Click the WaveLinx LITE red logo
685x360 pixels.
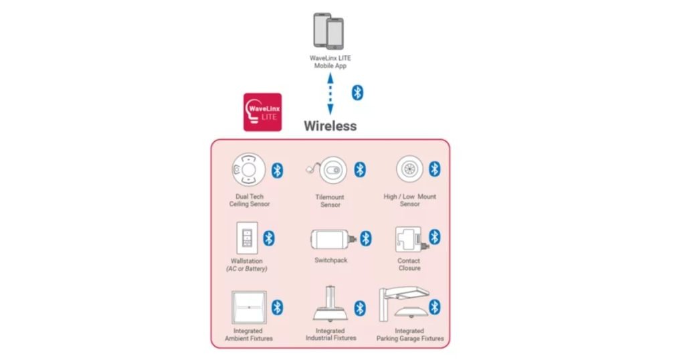point(262,112)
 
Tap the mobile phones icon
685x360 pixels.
point(328,31)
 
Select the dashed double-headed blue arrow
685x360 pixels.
point(330,94)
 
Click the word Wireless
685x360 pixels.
point(330,126)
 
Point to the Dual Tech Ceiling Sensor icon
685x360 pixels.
point(248,169)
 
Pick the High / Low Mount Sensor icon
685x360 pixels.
point(410,169)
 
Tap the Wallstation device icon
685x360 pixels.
point(248,238)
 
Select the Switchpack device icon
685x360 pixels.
point(333,240)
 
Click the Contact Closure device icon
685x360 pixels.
point(411,240)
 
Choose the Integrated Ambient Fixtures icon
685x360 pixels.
point(249,308)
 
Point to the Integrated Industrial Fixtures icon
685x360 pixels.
point(330,304)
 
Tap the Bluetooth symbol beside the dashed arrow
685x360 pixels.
point(357,92)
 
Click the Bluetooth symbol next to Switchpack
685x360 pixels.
point(366,238)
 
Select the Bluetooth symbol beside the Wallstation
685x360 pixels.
point(269,238)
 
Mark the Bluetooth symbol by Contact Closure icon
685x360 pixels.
point(434,237)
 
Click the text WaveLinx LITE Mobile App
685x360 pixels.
point(330,62)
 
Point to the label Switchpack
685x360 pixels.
point(330,260)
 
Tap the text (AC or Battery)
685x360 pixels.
point(247,269)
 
